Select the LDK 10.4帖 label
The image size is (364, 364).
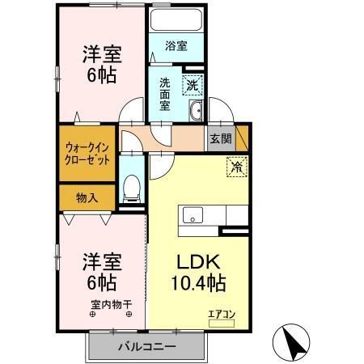[199, 273]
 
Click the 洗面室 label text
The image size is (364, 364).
[164, 93]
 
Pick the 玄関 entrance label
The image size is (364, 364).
[220, 138]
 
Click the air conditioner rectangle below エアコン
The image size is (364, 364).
[219, 324]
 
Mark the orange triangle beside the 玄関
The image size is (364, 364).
[243, 138]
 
